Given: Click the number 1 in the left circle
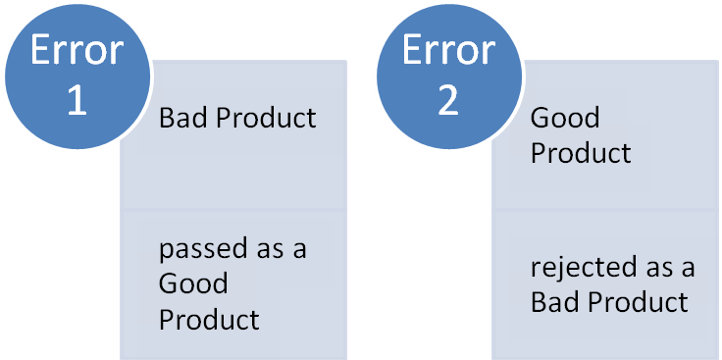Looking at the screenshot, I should pyautogui.click(x=77, y=101).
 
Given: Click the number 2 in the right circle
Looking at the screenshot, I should pyautogui.click(x=448, y=101).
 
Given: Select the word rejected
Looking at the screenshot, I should pyautogui.click(x=577, y=267).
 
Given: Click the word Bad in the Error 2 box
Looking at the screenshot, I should pyautogui.click(x=552, y=301).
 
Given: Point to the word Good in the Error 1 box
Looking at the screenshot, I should pyautogui.click(x=193, y=284).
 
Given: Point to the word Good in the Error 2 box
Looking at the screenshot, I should pyautogui.click(x=565, y=119).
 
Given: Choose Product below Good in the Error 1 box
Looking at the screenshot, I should pyautogui.click(x=209, y=320).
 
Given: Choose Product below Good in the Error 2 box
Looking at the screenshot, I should pyautogui.click(x=581, y=154).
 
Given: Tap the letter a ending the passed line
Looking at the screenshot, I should pyautogui.click(x=299, y=250).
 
